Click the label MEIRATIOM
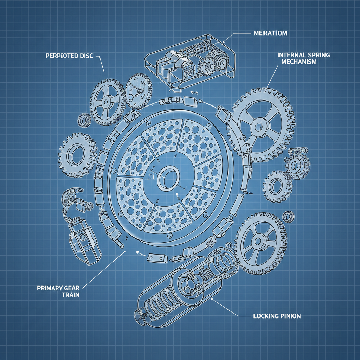pos(270,33)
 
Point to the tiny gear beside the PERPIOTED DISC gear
pos(84,120)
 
